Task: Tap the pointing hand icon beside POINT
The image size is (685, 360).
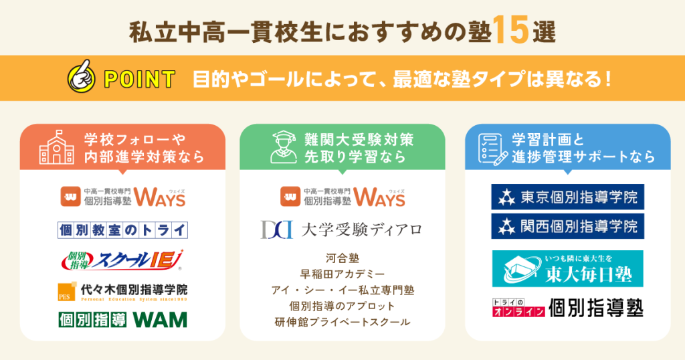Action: point(82,78)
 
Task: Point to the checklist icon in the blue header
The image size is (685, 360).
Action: point(492,147)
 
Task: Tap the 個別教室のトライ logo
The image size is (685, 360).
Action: point(122,230)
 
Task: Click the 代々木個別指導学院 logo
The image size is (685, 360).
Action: point(122,291)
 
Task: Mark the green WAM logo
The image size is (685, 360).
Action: point(122,320)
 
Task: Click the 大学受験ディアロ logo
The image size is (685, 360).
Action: point(342,230)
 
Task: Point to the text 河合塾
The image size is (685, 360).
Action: point(342,258)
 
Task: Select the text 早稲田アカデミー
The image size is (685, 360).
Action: point(342,274)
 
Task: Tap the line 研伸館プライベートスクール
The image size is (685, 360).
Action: point(342,322)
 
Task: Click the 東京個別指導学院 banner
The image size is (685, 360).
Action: point(567,197)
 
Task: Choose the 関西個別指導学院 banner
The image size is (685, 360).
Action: point(567,226)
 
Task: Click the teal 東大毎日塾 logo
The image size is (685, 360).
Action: point(567,268)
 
